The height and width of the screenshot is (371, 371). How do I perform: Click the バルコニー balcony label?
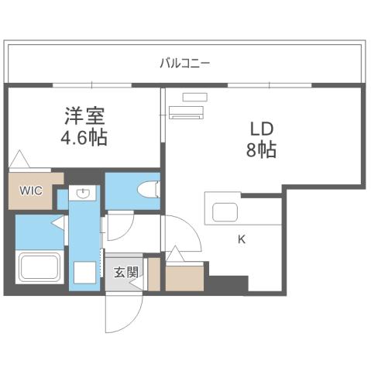[184, 63]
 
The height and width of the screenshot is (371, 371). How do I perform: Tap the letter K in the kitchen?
[241, 239]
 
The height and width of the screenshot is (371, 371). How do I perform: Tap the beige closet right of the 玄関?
[184, 277]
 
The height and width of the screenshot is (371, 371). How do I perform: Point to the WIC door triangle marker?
[19, 160]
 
